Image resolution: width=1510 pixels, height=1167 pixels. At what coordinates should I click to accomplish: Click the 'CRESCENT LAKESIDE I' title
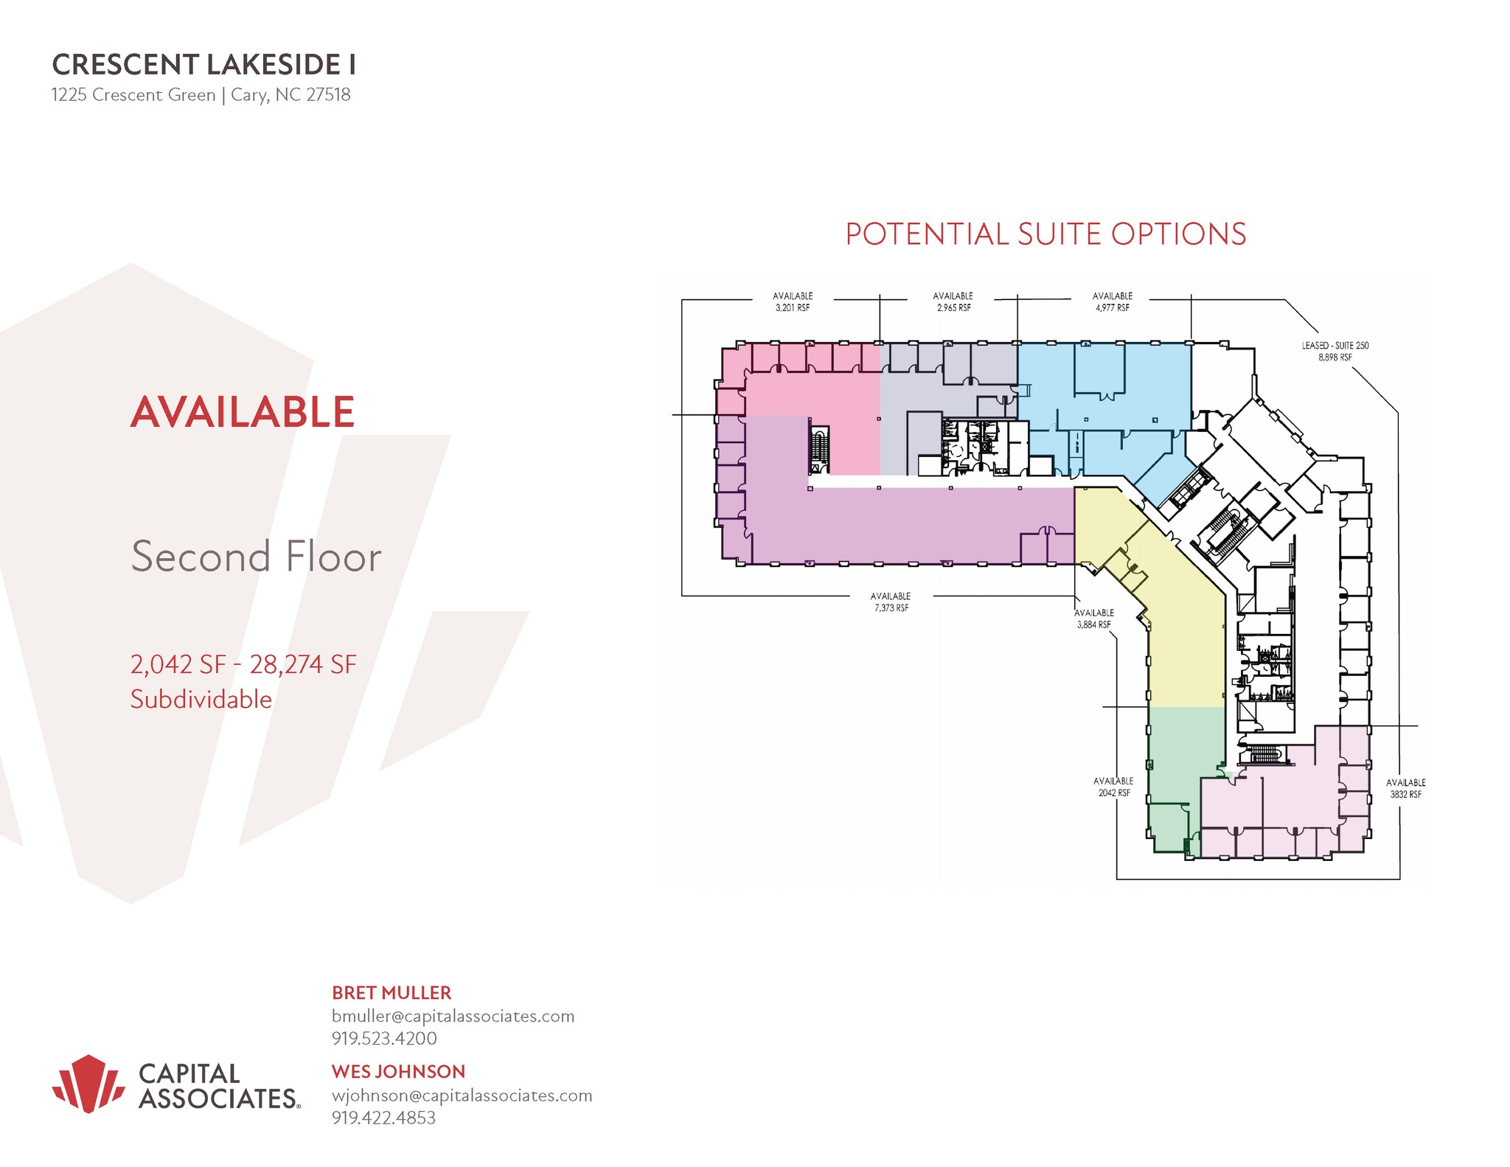coord(204,65)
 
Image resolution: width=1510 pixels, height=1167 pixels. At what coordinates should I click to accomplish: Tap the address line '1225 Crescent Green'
coord(133,95)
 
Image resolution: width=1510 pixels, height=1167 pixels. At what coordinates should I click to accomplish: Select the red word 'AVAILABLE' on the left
coord(243,412)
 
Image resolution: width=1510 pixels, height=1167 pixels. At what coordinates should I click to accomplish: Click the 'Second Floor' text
coord(256,557)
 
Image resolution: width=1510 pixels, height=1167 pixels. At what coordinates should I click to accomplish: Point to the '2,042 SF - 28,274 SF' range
coord(243,665)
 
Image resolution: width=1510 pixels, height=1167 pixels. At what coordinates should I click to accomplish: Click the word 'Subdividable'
coord(201,700)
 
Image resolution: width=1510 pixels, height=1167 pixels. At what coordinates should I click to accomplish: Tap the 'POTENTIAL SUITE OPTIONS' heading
coord(1045,234)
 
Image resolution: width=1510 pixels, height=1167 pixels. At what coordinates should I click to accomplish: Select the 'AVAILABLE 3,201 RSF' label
coord(792,302)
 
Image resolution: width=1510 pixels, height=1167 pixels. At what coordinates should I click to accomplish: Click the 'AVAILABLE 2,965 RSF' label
coord(953,302)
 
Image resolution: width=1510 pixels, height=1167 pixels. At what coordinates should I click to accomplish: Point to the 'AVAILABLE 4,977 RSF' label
coord(1112,302)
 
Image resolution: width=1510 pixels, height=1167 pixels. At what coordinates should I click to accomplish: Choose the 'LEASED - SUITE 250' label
coord(1335,351)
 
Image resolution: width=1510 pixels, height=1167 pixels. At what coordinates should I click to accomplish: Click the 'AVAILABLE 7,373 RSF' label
coord(891,602)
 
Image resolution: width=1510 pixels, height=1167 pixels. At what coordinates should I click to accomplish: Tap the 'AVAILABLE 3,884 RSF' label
coord(1093,619)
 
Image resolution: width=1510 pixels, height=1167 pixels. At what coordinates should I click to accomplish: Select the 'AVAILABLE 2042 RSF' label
coord(1113,787)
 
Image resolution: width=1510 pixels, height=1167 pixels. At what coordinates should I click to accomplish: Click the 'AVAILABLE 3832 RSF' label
coord(1405,788)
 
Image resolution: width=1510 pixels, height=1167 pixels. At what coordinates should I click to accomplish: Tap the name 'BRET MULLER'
coord(391,993)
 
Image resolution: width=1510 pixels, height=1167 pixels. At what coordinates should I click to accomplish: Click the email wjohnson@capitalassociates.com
coord(462,1095)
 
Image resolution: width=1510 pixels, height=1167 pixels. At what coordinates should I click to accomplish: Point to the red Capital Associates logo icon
coord(88,1083)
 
